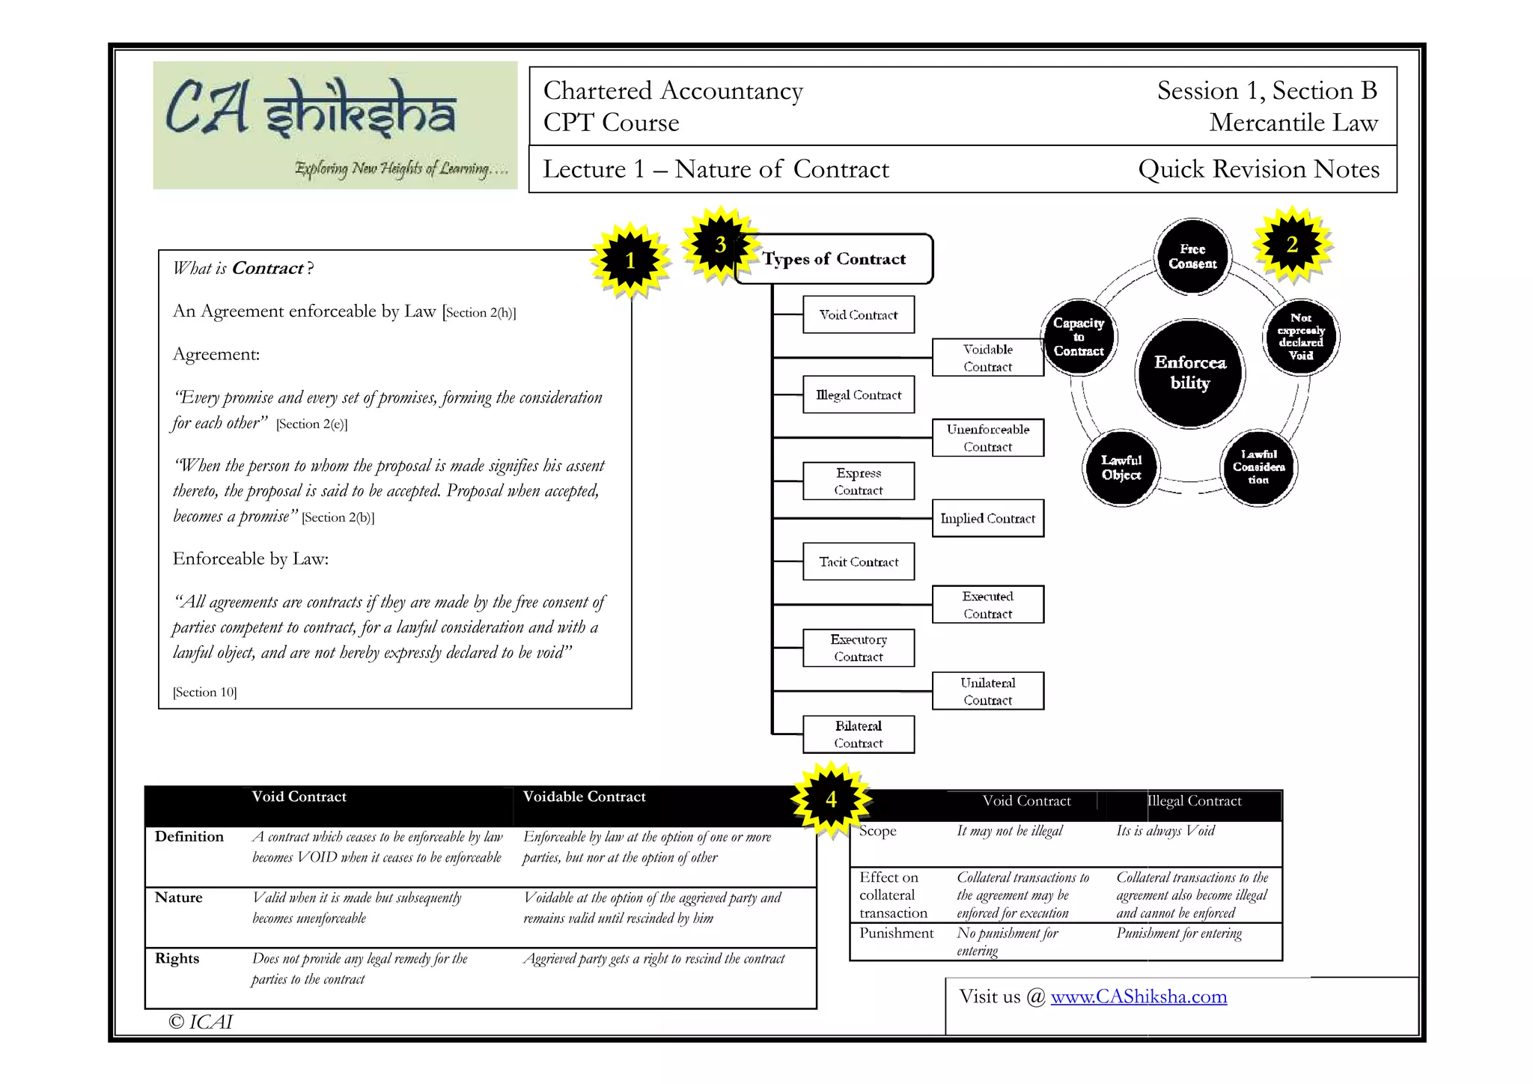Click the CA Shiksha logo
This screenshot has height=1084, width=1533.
(x=335, y=125)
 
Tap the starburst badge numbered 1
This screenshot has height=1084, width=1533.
(x=630, y=260)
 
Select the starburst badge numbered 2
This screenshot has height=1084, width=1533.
(x=1292, y=245)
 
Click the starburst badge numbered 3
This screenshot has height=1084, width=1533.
(x=720, y=245)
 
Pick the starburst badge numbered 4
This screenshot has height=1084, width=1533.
(x=831, y=800)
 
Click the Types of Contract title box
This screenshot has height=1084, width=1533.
(x=835, y=259)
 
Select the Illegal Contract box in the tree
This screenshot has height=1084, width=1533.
(x=859, y=395)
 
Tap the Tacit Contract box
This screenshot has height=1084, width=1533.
(x=859, y=561)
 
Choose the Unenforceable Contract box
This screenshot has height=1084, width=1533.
(x=987, y=438)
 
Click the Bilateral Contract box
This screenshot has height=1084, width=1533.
(x=859, y=734)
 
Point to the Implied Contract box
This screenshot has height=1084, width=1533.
(x=987, y=518)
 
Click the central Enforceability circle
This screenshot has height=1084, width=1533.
(x=1190, y=373)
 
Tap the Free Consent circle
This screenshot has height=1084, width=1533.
(x=1192, y=256)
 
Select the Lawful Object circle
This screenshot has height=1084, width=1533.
(x=1121, y=468)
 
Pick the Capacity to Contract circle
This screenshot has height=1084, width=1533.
(x=1079, y=337)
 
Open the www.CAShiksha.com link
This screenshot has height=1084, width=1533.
(x=1139, y=996)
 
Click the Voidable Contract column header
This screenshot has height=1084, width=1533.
(x=584, y=797)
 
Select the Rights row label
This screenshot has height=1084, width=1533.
(x=177, y=958)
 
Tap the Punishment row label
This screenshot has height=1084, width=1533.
(x=896, y=933)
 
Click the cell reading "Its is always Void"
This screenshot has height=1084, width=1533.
(x=1165, y=830)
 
